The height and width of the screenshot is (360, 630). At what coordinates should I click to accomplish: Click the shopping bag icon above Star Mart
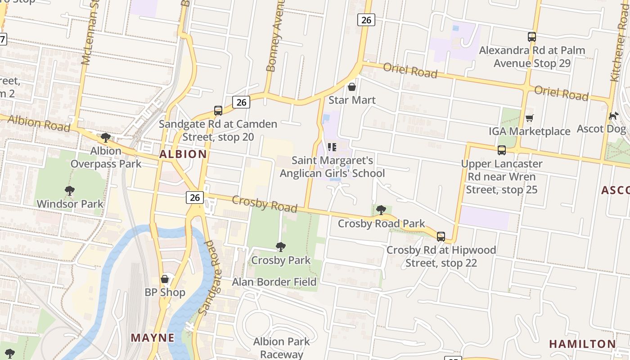(352, 86)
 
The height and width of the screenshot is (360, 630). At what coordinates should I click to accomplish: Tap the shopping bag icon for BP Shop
(165, 279)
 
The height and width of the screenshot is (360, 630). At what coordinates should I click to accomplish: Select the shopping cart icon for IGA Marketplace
(530, 118)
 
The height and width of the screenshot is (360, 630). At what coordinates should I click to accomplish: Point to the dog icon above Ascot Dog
(613, 116)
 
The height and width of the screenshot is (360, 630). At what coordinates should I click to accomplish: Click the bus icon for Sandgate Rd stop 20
(218, 110)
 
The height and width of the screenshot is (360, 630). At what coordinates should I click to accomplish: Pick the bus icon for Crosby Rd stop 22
(441, 236)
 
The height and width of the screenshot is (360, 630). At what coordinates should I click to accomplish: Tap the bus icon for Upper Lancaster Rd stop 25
(502, 150)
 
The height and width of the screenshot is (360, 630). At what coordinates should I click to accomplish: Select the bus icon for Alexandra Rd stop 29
(532, 37)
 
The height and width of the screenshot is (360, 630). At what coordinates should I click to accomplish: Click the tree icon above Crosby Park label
(281, 247)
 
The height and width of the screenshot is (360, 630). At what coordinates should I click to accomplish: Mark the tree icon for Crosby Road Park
(381, 210)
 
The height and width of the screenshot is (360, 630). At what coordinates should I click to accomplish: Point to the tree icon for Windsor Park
(70, 190)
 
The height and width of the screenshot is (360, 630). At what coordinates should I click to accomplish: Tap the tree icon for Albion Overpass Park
(106, 137)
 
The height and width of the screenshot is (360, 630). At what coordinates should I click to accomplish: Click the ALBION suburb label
(183, 154)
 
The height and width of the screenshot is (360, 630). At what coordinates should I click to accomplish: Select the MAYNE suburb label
(153, 337)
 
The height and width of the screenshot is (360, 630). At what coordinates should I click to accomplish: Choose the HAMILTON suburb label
(582, 344)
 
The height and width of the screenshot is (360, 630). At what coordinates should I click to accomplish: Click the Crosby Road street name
(265, 204)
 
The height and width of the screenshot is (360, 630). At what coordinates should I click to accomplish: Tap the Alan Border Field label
(274, 282)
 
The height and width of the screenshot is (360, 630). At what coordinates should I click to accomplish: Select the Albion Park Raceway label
(281, 348)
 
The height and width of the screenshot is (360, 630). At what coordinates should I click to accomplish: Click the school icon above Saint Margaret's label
(332, 147)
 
